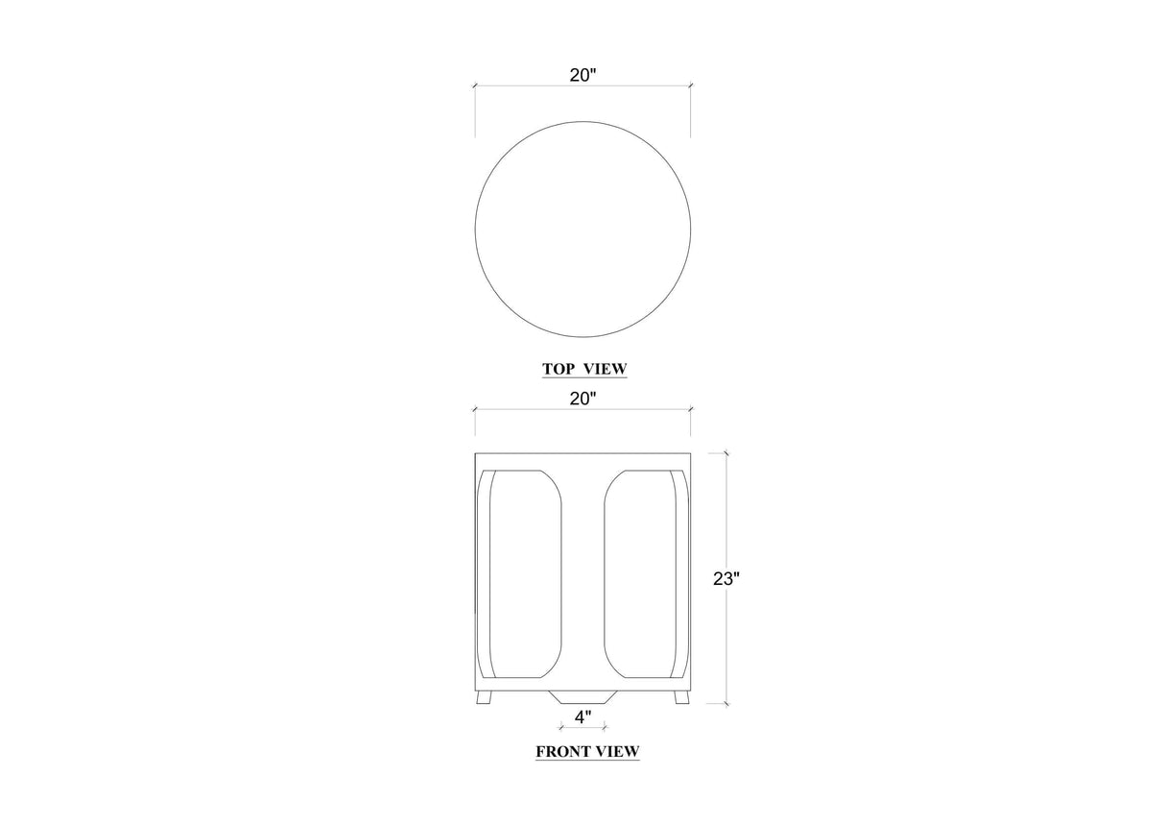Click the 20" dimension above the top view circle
(x=582, y=76)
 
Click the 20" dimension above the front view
(x=582, y=400)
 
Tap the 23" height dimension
(x=726, y=578)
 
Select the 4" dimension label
(x=583, y=717)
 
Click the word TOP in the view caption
(x=559, y=369)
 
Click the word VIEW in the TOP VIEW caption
(x=606, y=369)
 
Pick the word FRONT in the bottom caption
(x=563, y=752)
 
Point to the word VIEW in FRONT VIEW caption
(x=618, y=752)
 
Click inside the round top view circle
(x=583, y=230)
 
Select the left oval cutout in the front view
(x=526, y=574)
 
